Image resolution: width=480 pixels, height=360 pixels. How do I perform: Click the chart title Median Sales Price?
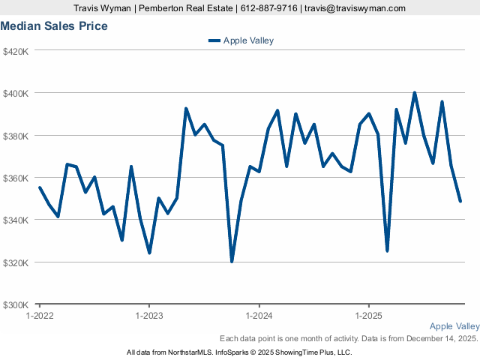tap(54, 26)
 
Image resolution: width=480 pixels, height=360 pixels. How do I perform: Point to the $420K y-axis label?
tap(16, 51)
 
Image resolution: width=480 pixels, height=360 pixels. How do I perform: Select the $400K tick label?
tap(16, 93)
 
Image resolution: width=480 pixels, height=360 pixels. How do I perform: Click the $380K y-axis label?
tap(16, 136)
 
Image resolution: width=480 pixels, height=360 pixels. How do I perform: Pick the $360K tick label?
tap(16, 178)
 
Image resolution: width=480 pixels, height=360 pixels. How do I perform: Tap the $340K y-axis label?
tap(16, 220)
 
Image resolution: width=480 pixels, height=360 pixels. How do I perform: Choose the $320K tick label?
tap(16, 262)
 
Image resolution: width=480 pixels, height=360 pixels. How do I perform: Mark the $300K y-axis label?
tap(16, 304)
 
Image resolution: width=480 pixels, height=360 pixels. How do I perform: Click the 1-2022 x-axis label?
tap(39, 316)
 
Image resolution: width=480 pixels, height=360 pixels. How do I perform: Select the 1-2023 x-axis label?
tap(149, 316)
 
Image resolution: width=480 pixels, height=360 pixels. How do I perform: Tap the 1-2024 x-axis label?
tap(259, 316)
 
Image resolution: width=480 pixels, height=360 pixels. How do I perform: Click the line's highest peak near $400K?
tap(415, 93)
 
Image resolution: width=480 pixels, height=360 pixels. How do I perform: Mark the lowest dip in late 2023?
tap(232, 261)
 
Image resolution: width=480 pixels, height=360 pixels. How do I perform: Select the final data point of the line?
tap(460, 201)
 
